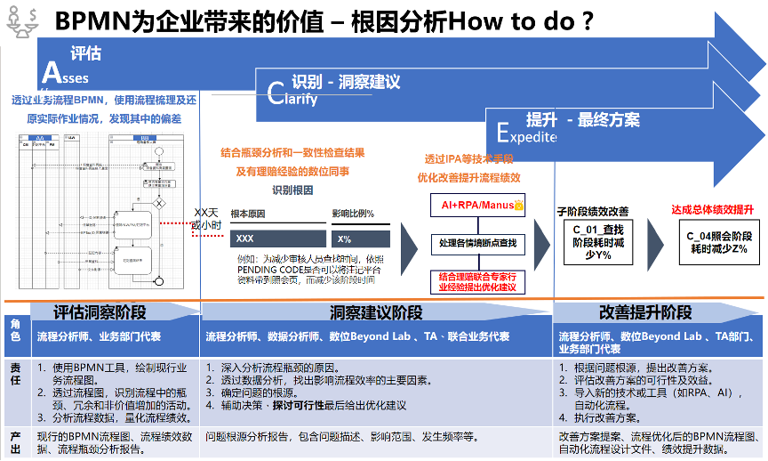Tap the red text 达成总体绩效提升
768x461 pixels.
(712, 210)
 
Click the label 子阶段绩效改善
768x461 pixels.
(593, 212)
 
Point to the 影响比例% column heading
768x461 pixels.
(353, 214)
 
